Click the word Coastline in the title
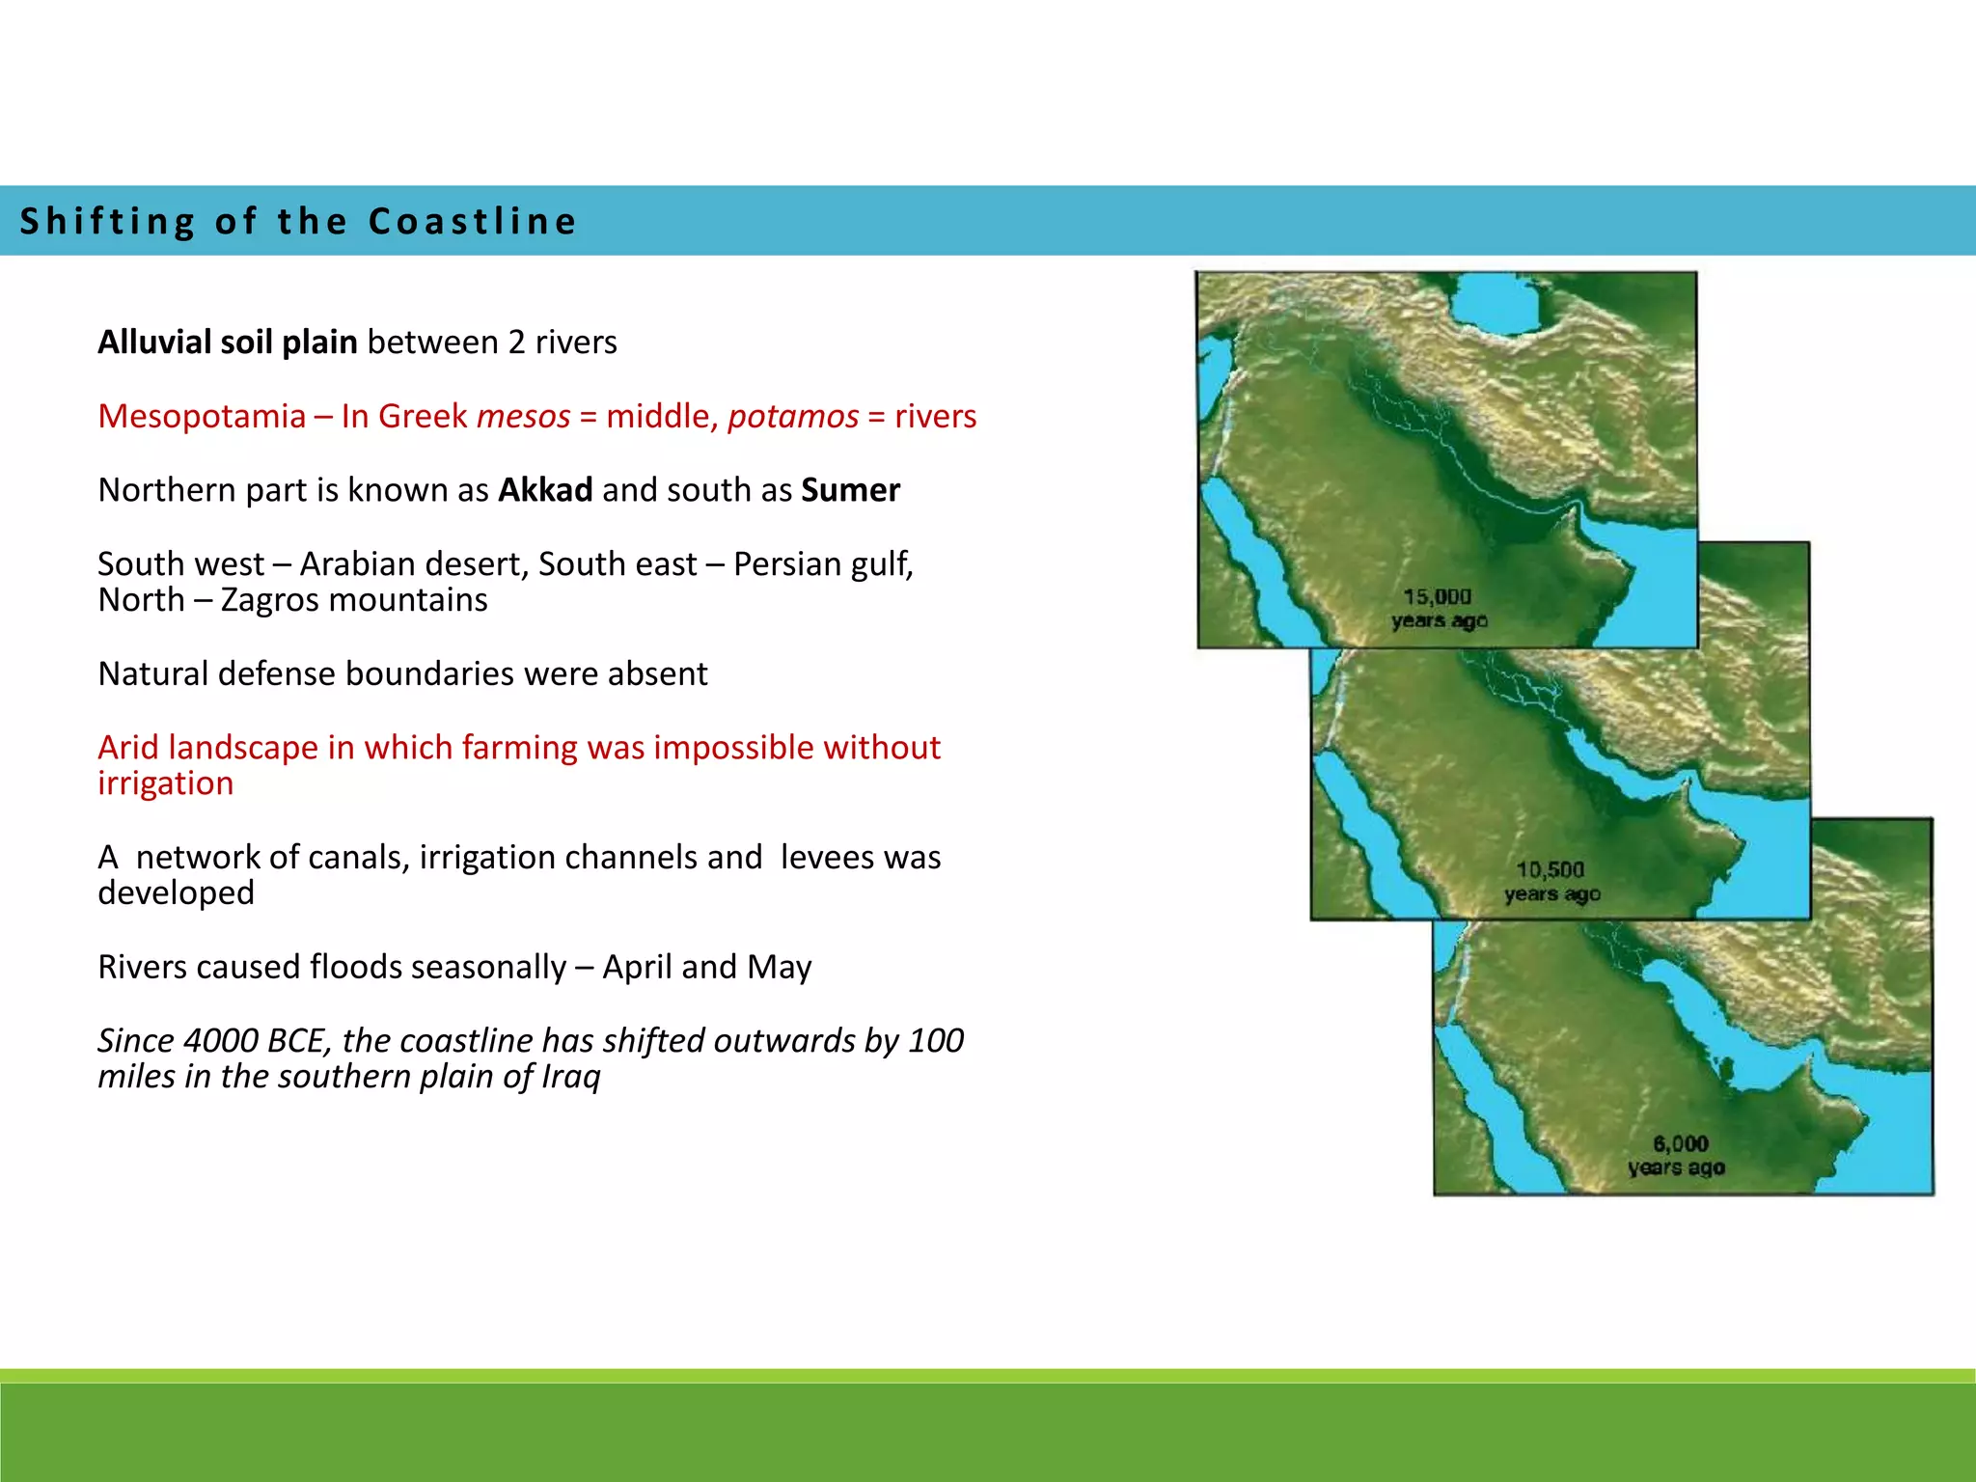[x=473, y=221]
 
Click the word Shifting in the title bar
[x=108, y=221]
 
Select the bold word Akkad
[x=545, y=490]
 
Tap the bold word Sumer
[x=850, y=490]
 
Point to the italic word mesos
[x=524, y=416]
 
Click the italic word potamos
[x=793, y=416]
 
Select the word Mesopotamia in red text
[x=202, y=416]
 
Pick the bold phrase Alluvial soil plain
[x=228, y=343]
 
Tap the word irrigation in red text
[x=165, y=783]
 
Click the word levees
[x=819, y=857]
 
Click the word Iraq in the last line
[x=570, y=1077]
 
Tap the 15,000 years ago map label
[x=1439, y=609]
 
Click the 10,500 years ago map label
[x=1551, y=882]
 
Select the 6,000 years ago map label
[x=1677, y=1156]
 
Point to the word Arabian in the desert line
[x=355, y=564]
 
